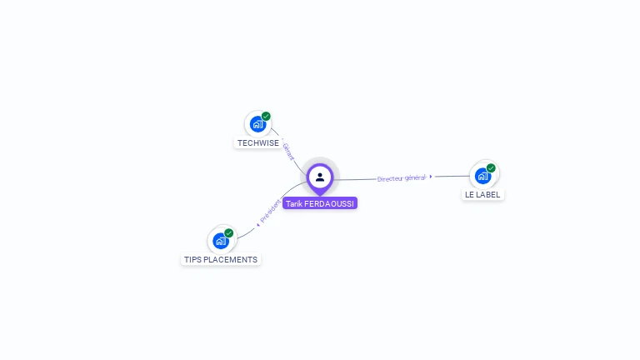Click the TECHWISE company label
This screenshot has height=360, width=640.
point(258,143)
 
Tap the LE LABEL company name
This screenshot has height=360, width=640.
point(482,195)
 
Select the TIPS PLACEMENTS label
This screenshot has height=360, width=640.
point(220,260)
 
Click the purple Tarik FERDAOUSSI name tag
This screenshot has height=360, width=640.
point(320,203)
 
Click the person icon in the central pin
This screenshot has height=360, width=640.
point(320,177)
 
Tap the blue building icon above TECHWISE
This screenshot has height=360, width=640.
point(257,124)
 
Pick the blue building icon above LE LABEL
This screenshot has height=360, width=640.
point(482,176)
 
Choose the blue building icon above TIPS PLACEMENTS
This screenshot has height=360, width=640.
point(221,241)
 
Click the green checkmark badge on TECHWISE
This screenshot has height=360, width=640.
point(266,117)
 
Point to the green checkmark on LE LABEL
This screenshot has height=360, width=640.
point(491,168)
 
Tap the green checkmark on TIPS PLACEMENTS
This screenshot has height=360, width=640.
point(229,233)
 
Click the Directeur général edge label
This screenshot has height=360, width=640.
point(401,178)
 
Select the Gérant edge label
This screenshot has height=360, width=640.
point(288,152)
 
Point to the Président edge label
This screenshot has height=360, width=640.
point(270,211)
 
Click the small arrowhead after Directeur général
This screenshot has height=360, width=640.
point(431,177)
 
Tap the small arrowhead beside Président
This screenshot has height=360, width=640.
point(258,225)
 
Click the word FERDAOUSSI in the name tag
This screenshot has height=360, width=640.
point(329,203)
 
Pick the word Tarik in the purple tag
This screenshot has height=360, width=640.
point(294,203)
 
